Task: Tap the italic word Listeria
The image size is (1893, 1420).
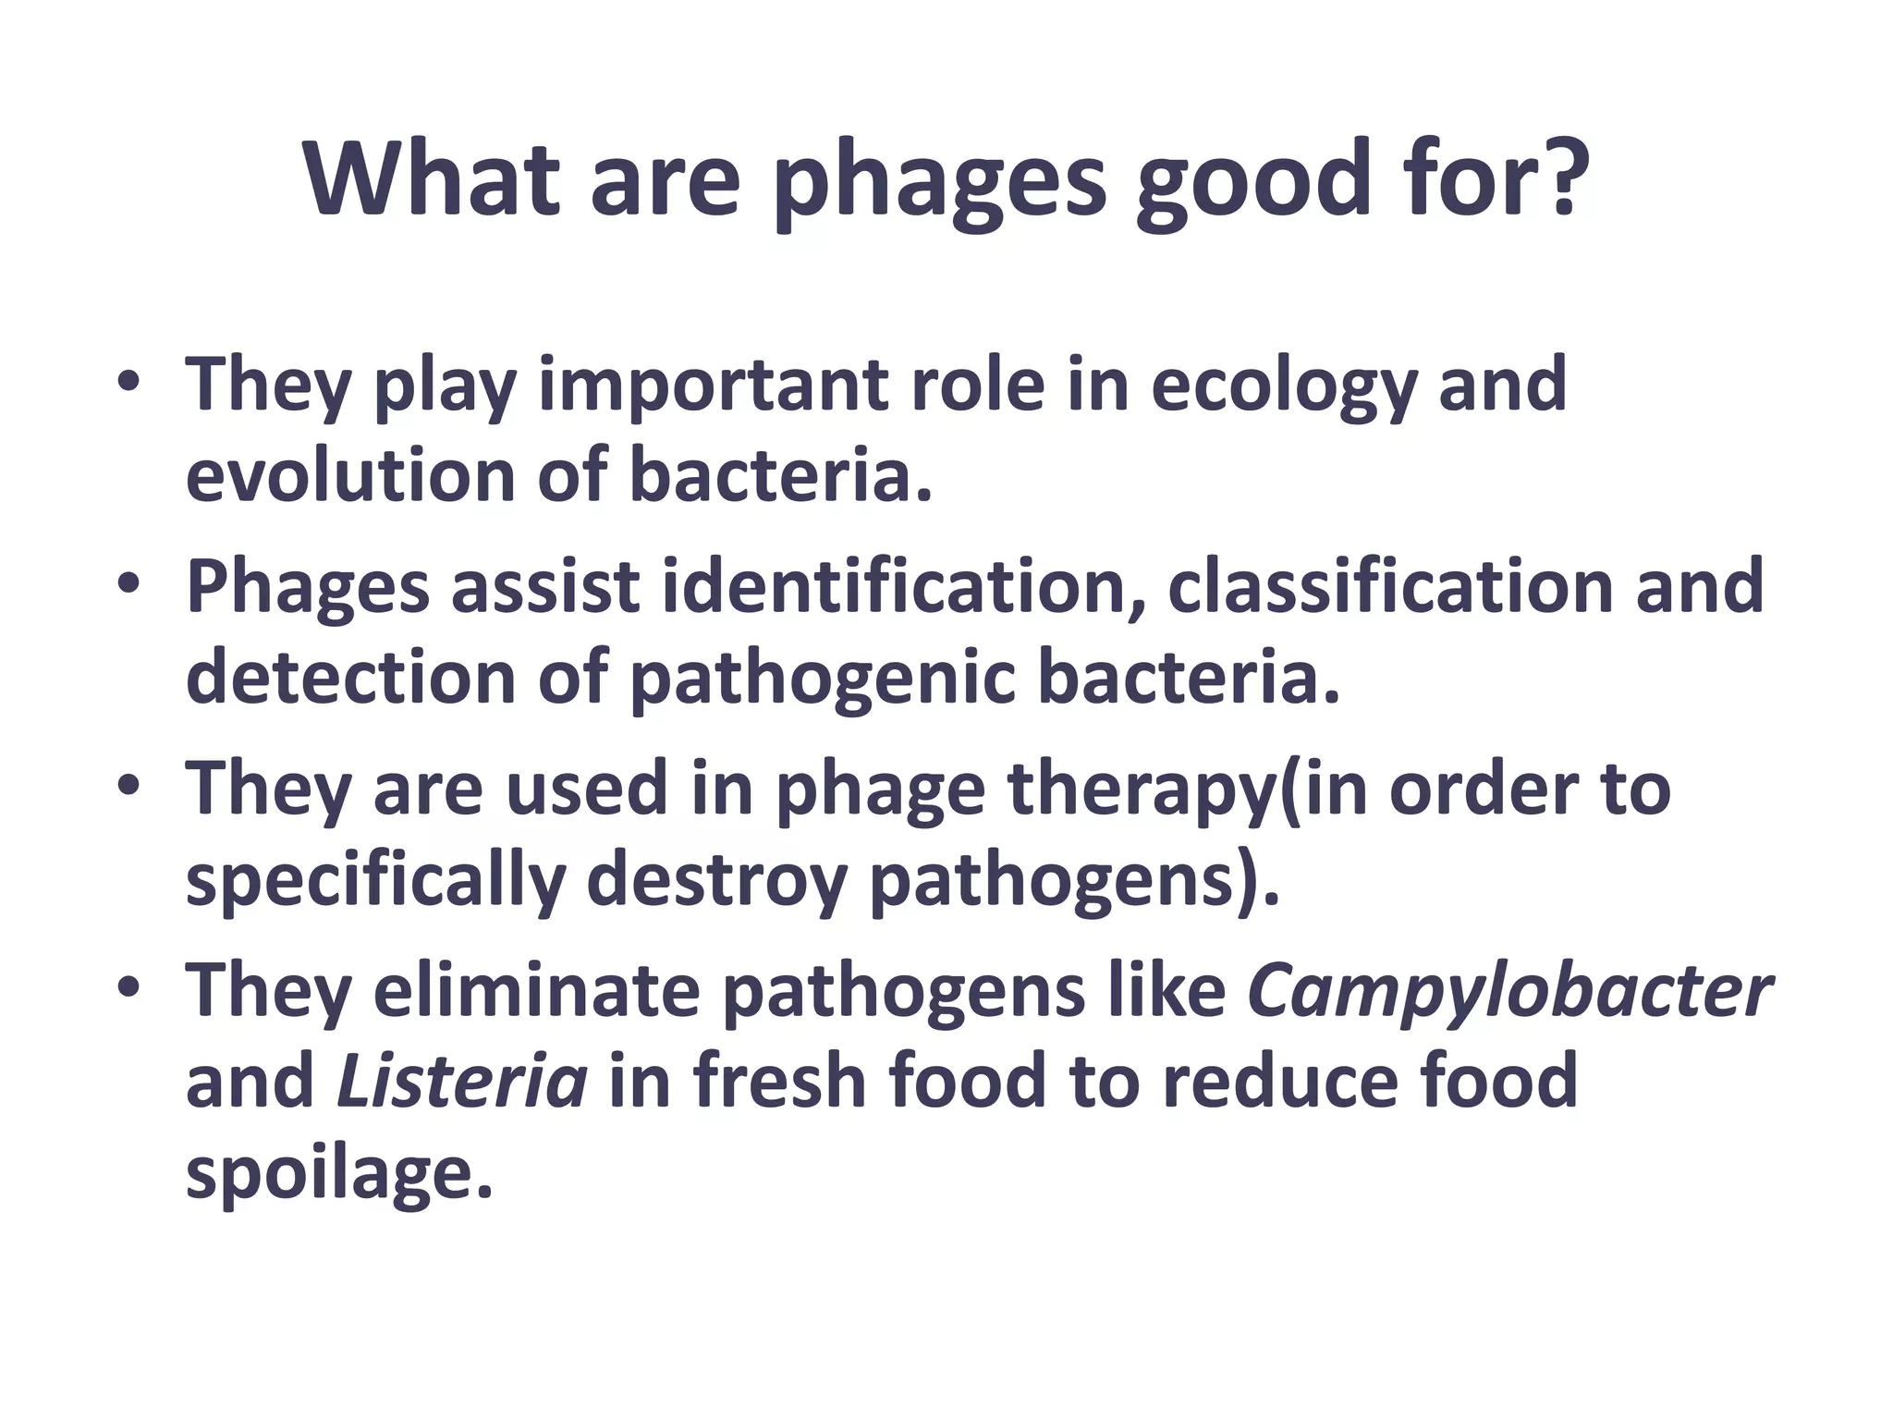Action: coord(462,1082)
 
